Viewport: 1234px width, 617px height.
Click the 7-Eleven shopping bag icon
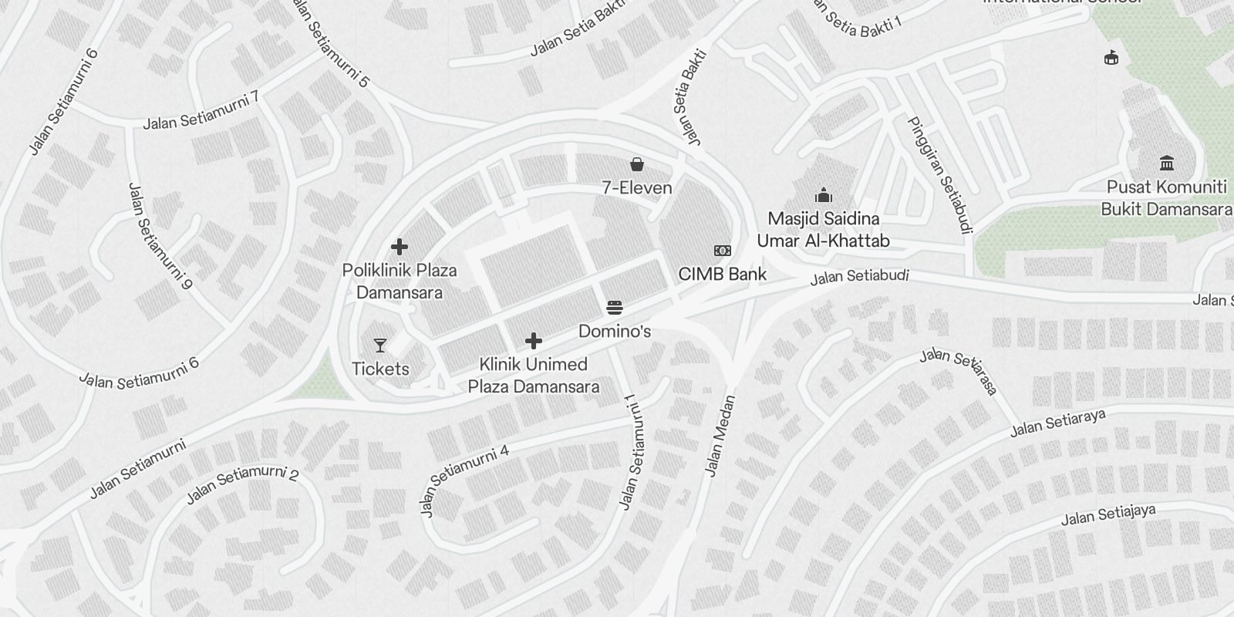[637, 164]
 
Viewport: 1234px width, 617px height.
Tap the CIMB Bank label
[722, 274]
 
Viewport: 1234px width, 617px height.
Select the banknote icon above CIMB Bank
[723, 251]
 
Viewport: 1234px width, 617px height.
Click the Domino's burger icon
[615, 308]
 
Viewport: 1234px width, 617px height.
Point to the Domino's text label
[615, 332]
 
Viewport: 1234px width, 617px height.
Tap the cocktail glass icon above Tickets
[380, 345]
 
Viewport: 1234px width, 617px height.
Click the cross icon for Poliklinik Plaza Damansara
[400, 247]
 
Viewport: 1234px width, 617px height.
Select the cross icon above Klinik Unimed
[534, 341]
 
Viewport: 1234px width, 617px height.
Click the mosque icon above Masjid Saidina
[823, 195]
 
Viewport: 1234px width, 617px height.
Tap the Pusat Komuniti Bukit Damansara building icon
[1166, 164]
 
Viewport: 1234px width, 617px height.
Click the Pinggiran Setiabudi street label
[940, 174]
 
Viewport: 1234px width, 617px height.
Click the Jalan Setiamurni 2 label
[242, 485]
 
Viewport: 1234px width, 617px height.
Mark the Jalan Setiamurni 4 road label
[464, 480]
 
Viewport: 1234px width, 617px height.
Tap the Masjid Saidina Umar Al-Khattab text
[823, 230]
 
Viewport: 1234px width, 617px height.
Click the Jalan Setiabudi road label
[859, 277]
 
